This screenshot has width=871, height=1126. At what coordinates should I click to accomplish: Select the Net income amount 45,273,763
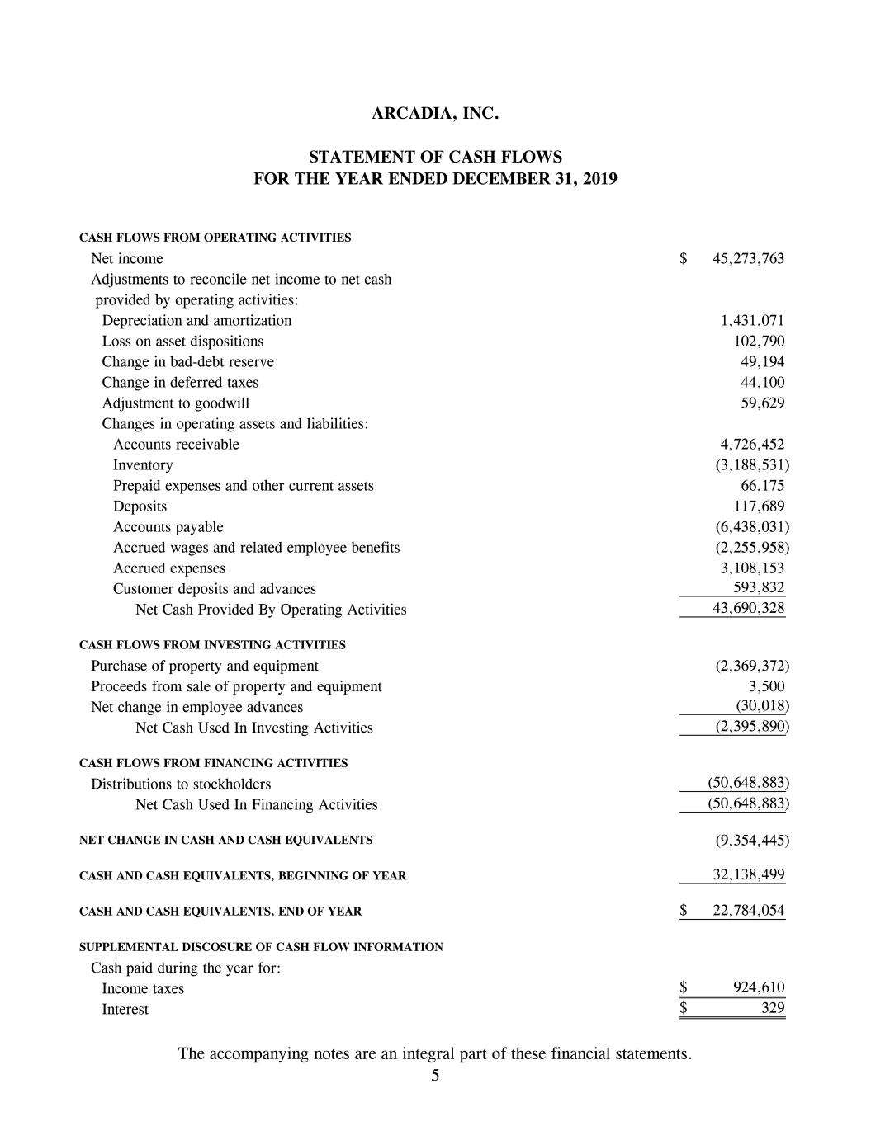coord(748,259)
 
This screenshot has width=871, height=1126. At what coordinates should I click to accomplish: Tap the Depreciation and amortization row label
coord(196,321)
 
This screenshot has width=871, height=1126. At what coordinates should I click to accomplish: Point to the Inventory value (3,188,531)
coord(751,465)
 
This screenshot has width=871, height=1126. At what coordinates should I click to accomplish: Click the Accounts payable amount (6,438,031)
coord(751,527)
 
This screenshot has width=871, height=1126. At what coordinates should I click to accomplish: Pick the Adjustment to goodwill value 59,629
coord(763,403)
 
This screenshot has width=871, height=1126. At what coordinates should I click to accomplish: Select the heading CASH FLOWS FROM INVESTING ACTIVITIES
coord(212,645)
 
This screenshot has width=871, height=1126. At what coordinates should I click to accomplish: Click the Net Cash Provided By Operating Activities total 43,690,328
coord(748,609)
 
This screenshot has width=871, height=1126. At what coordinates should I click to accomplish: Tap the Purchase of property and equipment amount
coord(751,667)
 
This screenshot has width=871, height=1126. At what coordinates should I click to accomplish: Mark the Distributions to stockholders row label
coord(181,784)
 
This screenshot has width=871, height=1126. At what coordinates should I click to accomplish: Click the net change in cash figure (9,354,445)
coord(751,841)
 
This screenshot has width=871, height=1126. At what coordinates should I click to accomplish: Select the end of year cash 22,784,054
coord(748,912)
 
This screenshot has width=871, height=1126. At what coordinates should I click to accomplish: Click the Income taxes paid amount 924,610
coord(759,988)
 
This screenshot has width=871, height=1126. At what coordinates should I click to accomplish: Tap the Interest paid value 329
coord(772,1009)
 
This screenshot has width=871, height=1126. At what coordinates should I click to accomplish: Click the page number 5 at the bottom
coord(435,1076)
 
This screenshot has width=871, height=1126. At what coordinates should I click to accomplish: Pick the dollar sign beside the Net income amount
coord(684,259)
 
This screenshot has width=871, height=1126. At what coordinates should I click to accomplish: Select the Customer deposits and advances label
coord(214,589)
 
